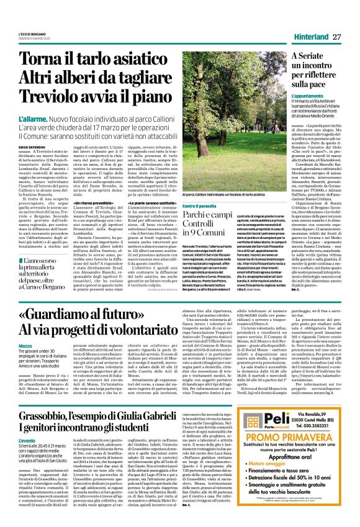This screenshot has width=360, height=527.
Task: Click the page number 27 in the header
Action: [x=337, y=37]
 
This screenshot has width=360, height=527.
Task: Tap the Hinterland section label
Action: [x=309, y=37]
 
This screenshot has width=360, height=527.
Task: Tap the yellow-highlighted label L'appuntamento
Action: [x=307, y=97]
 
